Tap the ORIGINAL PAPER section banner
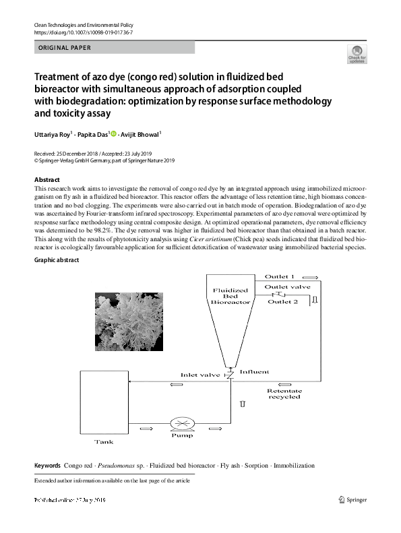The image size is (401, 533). click(x=115, y=48)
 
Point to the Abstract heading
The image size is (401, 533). click(x=47, y=180)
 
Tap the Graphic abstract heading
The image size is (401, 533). click(x=57, y=260)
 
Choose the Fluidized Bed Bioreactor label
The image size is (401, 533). click(x=230, y=296)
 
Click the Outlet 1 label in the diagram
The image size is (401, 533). click(x=279, y=276)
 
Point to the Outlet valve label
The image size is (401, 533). click(x=288, y=287)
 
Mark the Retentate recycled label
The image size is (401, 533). click(x=284, y=394)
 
